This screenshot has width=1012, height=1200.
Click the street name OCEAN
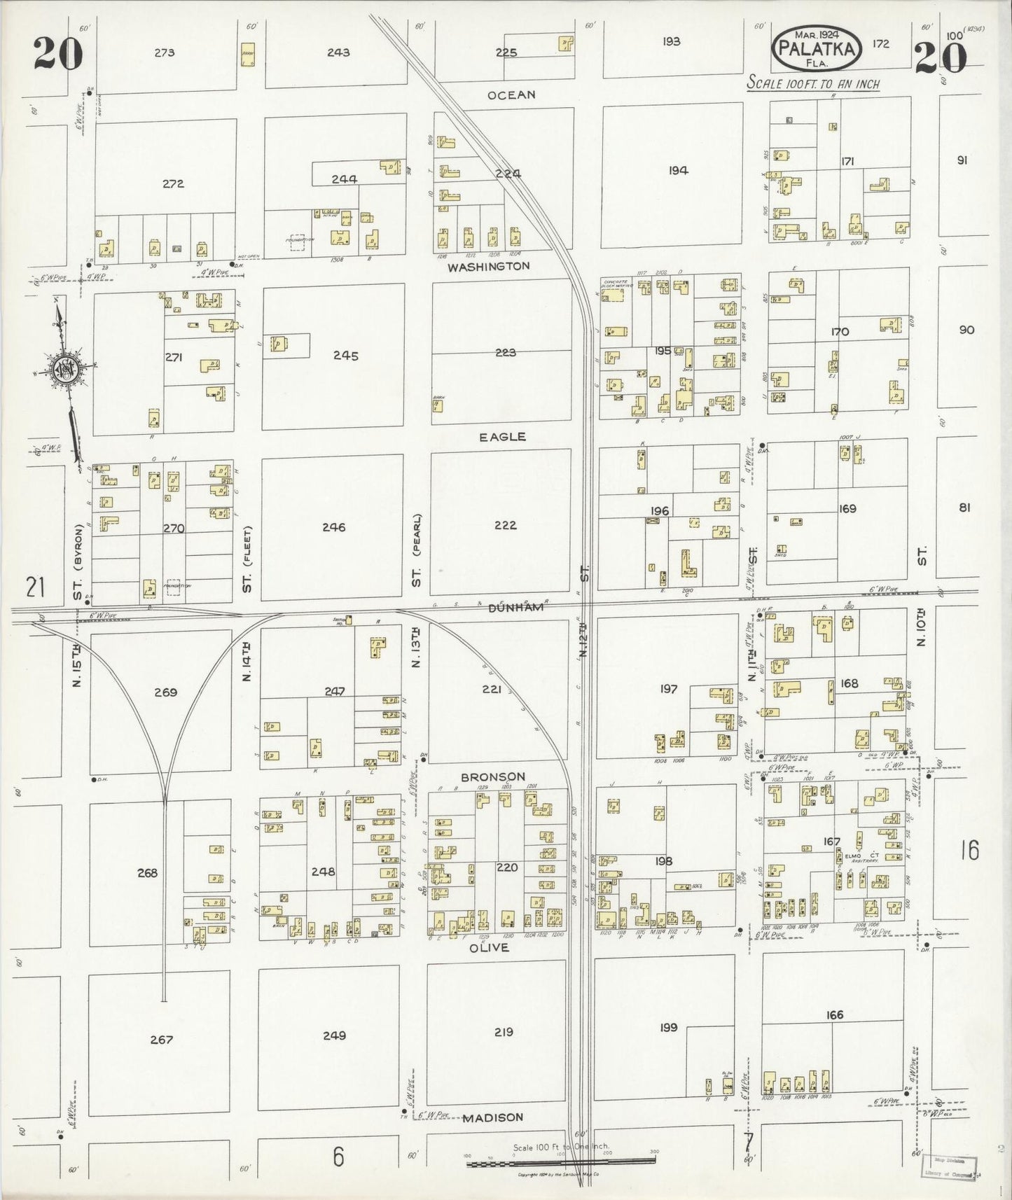(512, 95)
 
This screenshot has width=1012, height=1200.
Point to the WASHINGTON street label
(489, 267)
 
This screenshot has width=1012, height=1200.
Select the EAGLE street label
(502, 437)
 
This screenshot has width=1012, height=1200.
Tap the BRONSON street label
(492, 777)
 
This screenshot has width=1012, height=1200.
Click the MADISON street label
(493, 1118)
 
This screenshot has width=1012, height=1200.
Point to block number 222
(505, 525)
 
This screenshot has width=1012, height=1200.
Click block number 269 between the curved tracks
(165, 692)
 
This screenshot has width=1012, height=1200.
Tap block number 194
(677, 170)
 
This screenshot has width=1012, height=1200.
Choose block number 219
(504, 1032)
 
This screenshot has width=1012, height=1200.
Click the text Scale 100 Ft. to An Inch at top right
(812, 83)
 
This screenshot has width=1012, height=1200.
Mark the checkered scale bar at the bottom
(561, 1163)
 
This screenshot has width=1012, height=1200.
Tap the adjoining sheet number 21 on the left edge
(35, 586)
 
